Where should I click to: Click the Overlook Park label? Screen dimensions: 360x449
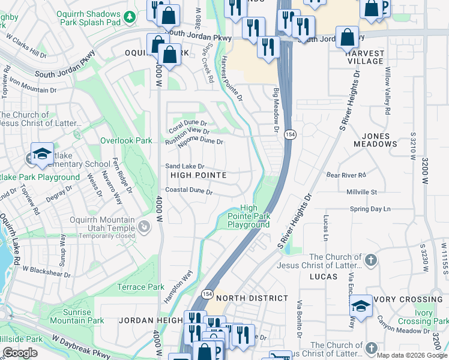[126, 140]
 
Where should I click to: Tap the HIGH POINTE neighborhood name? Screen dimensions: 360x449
[198, 175]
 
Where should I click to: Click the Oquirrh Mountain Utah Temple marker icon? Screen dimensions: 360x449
[144, 227]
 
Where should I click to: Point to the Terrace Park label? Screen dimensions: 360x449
[140, 287]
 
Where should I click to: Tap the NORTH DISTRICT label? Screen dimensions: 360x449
[252, 298]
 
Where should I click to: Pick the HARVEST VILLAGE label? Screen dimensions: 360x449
[364, 57]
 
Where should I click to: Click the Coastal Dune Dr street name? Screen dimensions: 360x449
[189, 191]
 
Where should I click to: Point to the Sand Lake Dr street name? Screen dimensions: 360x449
[185, 166]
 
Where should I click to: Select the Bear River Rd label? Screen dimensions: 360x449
[346, 175]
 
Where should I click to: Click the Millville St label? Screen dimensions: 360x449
[361, 192]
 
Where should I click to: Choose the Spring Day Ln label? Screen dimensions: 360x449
[370, 209]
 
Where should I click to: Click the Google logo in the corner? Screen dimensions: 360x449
[20, 353]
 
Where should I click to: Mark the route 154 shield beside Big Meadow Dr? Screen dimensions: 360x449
[289, 134]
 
